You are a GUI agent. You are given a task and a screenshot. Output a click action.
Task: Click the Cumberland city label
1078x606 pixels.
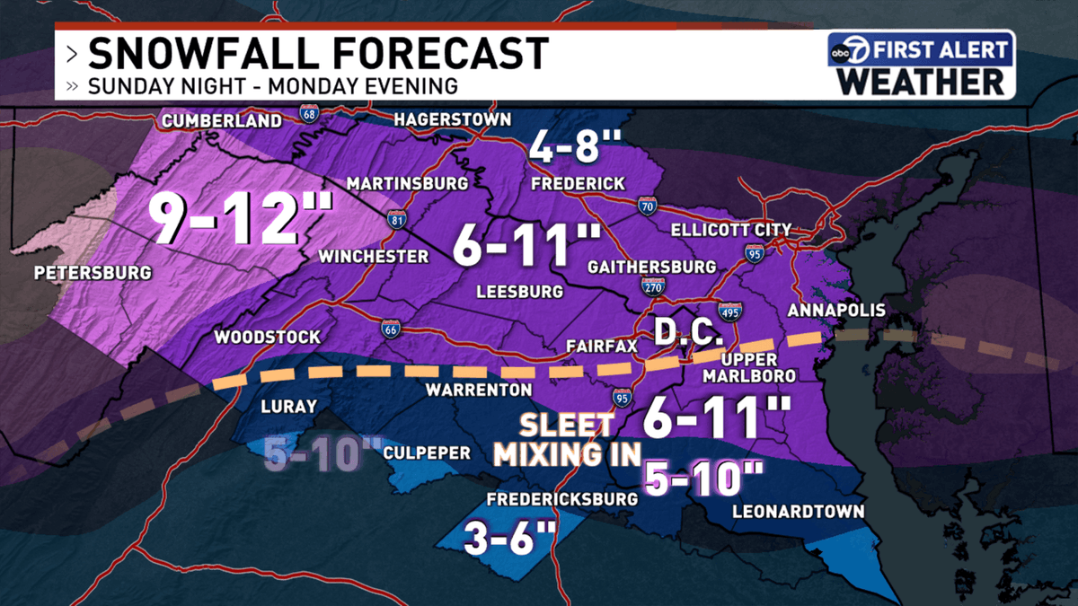coord(221,121)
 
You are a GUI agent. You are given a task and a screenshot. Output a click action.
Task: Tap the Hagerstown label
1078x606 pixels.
coord(453,119)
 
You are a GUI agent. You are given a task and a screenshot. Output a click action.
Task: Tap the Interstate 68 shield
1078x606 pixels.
coord(309,114)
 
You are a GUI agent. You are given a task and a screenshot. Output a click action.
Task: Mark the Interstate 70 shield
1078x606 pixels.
coord(645,205)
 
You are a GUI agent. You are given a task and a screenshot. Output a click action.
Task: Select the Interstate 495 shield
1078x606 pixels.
coord(729,311)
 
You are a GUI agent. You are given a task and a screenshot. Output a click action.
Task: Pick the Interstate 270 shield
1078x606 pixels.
coord(653,285)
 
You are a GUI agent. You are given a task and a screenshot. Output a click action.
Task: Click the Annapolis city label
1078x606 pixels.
coord(835,311)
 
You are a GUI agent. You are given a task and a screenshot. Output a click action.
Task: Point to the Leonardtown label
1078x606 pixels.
coord(798,512)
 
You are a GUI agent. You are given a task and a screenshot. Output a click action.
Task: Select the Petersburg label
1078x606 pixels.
coord(91,272)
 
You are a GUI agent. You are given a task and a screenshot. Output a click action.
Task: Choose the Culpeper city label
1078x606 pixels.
coord(427,453)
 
